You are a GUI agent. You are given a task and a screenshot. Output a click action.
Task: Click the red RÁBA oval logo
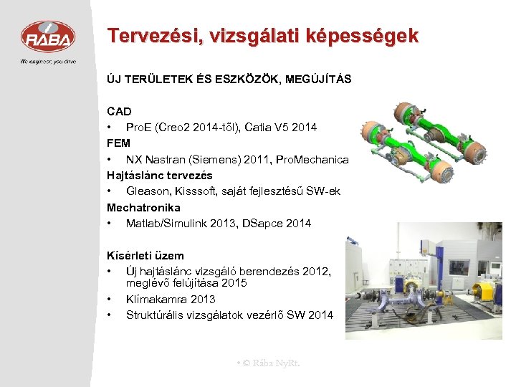[47, 37]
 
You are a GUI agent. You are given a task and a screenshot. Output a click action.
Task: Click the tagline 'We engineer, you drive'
[47, 61]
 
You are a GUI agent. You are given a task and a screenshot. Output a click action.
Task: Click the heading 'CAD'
[119, 111]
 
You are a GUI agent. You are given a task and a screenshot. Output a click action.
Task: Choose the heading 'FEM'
[118, 143]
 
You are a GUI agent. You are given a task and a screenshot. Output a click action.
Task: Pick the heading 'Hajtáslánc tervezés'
[160, 175]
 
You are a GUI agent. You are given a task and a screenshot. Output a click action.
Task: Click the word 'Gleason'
[148, 191]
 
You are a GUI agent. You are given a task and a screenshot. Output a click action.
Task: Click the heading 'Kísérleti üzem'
[145, 255]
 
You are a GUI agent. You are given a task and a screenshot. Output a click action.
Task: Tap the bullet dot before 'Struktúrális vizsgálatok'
[110, 315]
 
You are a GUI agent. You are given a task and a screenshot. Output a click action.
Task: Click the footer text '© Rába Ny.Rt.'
[270, 363]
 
